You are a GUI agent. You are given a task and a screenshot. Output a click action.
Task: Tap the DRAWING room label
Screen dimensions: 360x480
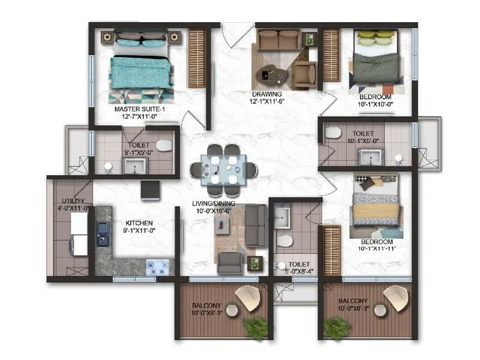(x=268, y=94)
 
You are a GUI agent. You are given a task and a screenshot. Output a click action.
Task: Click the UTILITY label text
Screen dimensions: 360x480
(x=74, y=201)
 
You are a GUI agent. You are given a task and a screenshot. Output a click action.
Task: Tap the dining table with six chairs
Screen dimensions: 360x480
(x=223, y=170)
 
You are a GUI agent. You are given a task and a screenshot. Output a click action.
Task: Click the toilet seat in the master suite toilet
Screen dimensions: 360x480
(x=163, y=146)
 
